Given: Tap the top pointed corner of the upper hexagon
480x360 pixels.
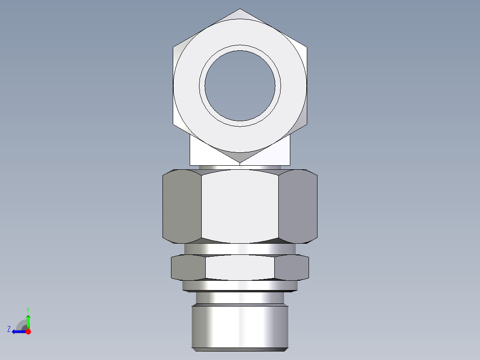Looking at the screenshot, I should click(240, 9).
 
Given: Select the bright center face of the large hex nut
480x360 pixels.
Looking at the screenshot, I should click(240, 207).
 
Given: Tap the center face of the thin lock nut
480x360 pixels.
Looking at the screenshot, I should click(240, 268).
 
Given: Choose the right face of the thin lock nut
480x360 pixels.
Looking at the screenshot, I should click(292, 267).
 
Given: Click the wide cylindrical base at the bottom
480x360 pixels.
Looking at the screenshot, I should click(240, 327).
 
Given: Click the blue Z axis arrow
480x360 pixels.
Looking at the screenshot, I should click(19, 331).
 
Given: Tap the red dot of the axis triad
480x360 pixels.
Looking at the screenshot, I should click(28, 331).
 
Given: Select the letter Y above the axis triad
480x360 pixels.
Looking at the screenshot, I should click(28, 309).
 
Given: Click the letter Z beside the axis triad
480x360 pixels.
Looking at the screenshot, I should click(9, 329).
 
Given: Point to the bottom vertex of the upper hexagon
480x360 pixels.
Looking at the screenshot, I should click(240, 163).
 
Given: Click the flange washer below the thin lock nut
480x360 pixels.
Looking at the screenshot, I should click(240, 286).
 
